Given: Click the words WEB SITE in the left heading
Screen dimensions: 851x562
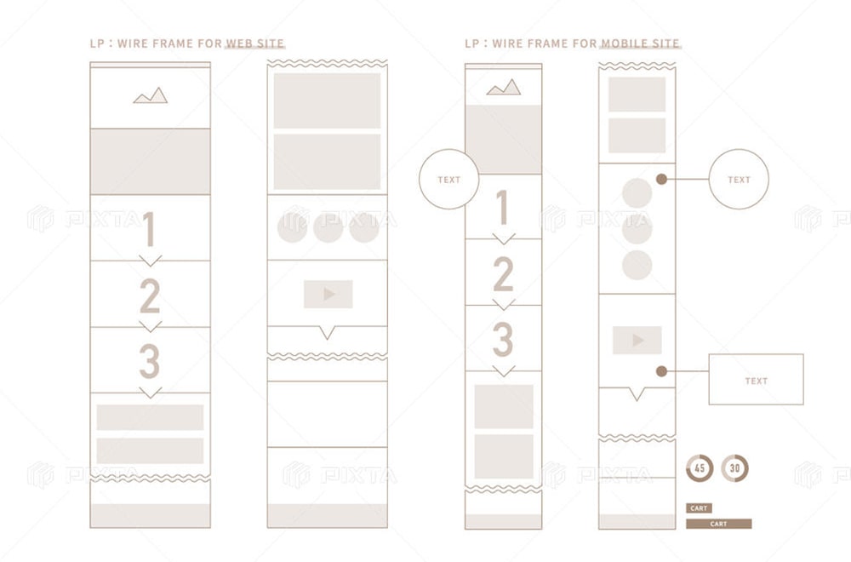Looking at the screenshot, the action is point(254,43).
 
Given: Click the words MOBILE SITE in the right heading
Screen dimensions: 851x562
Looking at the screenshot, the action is point(640,43).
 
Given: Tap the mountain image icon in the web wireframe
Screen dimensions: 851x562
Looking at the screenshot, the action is point(151,95).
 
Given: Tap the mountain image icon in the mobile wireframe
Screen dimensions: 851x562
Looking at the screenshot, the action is point(504,88).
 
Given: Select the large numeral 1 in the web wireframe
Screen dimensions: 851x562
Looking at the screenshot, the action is point(149,228).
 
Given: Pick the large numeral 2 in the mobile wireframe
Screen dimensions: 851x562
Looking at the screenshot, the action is point(503,274).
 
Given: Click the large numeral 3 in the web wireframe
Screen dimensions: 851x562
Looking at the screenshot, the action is point(149,360).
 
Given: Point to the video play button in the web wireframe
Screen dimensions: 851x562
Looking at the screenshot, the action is point(328,294).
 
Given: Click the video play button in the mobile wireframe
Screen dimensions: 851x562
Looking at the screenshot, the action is point(637,340).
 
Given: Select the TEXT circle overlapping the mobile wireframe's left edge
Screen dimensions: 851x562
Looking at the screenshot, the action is point(448,179).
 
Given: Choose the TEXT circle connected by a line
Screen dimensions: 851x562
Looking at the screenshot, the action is point(739,179).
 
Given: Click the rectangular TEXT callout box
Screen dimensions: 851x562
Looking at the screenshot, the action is point(756,380).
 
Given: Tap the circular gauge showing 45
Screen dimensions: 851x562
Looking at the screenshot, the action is point(700,468).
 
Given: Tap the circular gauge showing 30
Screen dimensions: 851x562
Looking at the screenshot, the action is point(735,468).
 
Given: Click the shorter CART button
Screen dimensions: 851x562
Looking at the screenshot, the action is point(699,508).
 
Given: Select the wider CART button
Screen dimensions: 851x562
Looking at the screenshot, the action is point(718,524).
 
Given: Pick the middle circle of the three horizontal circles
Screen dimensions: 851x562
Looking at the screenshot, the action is point(328,228).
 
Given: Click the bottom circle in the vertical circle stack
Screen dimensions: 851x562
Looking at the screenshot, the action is point(637,265).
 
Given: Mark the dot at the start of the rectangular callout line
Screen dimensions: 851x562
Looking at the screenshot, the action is point(661,371).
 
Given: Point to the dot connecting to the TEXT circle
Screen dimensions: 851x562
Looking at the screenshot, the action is point(661,179).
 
